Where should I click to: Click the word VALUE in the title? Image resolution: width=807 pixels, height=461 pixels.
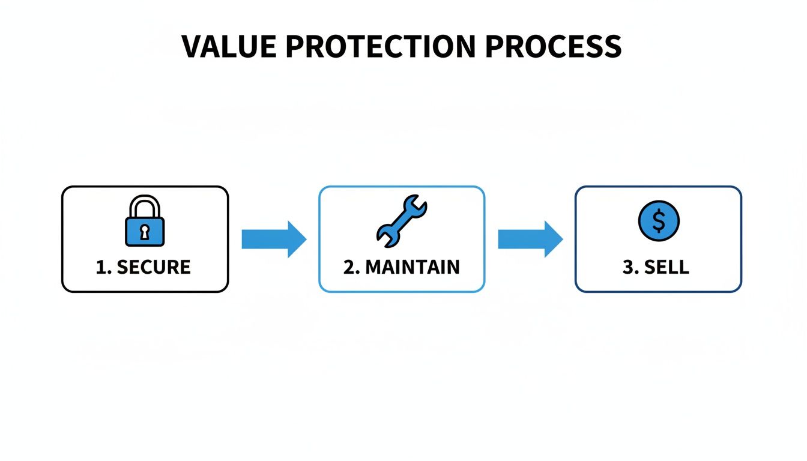click(x=229, y=47)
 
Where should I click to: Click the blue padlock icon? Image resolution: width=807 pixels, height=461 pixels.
click(x=145, y=223)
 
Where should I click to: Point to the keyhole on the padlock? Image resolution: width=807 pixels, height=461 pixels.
click(x=145, y=231)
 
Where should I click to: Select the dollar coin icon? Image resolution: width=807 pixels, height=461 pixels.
click(x=658, y=221)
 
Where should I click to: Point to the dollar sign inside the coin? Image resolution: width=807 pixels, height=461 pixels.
click(x=658, y=221)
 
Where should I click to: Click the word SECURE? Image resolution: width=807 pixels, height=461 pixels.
click(x=153, y=267)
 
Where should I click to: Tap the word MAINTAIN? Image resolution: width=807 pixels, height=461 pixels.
click(x=412, y=267)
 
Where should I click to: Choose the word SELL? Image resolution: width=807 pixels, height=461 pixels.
click(x=666, y=267)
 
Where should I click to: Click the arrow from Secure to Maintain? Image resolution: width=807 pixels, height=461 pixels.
click(x=274, y=239)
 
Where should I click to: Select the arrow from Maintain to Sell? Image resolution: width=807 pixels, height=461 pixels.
click(x=530, y=239)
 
